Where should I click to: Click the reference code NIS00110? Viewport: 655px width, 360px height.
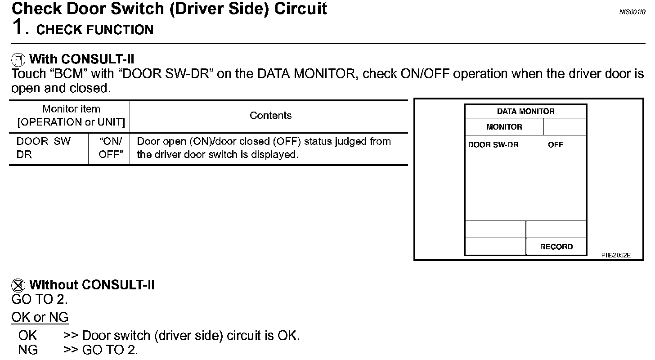click(632, 12)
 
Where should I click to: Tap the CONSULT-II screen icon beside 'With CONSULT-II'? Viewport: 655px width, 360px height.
click(18, 59)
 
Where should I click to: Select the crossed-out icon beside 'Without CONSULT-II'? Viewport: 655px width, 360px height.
click(18, 285)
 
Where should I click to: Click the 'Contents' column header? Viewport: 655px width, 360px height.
click(270, 116)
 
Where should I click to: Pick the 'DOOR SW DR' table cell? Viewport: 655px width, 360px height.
click(44, 148)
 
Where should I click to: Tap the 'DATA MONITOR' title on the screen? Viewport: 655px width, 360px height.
click(525, 111)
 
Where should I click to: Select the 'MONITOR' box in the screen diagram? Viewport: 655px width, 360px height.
click(504, 127)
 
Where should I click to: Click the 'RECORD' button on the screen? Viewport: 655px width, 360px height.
click(556, 247)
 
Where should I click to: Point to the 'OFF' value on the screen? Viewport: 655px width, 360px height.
click(556, 145)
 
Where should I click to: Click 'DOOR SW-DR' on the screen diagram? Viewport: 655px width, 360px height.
click(493, 145)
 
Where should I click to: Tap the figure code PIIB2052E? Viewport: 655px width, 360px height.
click(616, 255)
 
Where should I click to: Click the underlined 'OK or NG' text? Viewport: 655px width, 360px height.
click(40, 317)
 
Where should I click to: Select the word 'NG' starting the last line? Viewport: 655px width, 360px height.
click(28, 350)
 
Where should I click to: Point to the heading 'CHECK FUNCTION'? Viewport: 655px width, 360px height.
click(95, 30)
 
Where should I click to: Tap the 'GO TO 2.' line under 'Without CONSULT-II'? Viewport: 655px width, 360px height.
click(40, 299)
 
